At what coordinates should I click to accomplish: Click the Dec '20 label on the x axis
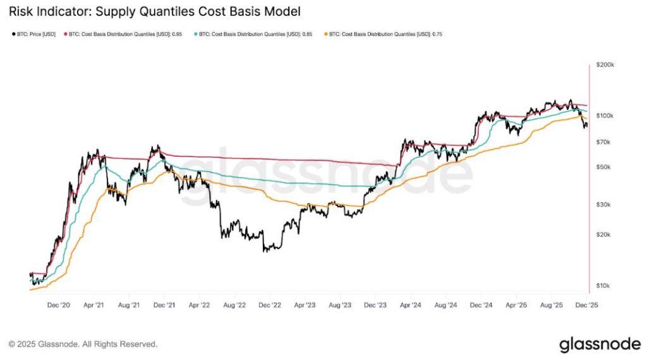58,304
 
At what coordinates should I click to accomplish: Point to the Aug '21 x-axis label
129,304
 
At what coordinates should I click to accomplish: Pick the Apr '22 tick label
199,304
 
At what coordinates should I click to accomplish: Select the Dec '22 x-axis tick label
270,304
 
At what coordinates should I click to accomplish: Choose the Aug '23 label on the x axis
341,304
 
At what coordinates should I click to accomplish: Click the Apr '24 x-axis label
411,304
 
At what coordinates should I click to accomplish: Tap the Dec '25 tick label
587,304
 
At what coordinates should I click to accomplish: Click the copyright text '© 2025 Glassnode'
83,344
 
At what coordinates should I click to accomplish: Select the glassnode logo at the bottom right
599,344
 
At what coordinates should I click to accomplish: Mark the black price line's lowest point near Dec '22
265,251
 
